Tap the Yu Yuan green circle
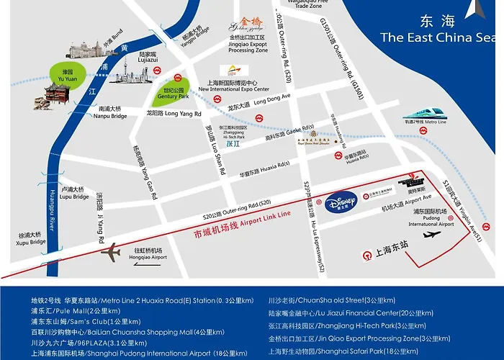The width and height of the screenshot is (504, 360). click(x=67, y=73)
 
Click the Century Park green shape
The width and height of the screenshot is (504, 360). click(x=174, y=90)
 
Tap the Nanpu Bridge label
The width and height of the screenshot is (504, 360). click(x=111, y=112)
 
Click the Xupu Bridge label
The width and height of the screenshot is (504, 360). click(x=31, y=238)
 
